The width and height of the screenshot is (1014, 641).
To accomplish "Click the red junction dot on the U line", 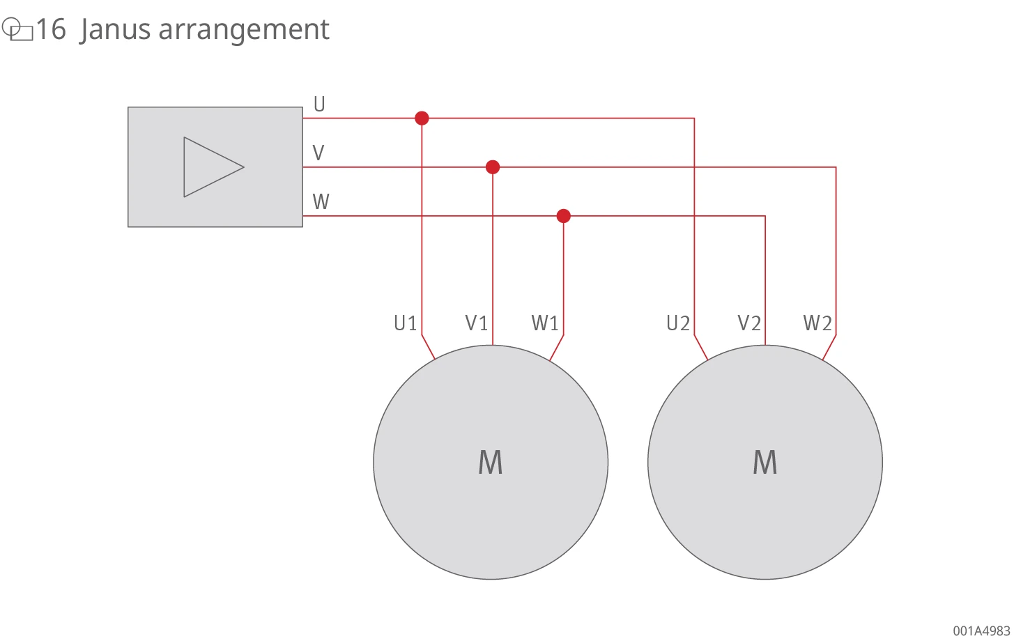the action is point(422,118).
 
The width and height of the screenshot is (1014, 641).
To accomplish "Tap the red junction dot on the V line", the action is point(493,167).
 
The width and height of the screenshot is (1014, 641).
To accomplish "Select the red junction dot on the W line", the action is point(564,216).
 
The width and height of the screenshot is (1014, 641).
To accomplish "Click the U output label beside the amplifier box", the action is point(320,104).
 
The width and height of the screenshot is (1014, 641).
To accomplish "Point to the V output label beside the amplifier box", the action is point(318,153).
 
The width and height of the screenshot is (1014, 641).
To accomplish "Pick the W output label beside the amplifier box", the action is point(321,202).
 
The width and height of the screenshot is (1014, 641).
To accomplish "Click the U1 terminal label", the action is point(405,323).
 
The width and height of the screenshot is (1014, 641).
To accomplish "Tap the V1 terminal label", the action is point(476,323).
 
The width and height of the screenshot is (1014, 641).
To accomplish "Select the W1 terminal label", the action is point(545,323).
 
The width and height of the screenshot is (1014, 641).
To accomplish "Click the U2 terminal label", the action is point(678,323).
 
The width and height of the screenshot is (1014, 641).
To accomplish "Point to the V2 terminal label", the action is point(749,323).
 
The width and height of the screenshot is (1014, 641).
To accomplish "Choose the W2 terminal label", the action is point(817,323).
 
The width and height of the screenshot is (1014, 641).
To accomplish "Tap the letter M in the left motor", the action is point(491,462).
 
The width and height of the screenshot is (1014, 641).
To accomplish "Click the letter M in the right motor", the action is point(765,462).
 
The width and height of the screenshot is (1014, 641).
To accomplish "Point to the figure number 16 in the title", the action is point(51,29).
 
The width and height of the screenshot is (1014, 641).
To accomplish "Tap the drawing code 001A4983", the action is point(981,631).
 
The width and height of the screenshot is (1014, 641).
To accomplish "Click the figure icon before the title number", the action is point(17,29).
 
